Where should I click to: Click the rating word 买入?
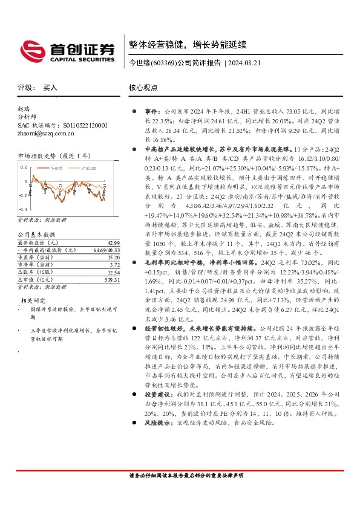tap(50, 88)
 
